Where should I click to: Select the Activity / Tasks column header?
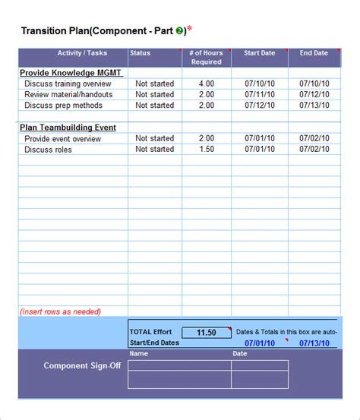click(82, 53)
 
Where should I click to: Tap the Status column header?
click(141, 53)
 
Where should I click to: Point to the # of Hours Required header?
click(206, 58)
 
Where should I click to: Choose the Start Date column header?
click(260, 53)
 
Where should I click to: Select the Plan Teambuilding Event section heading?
click(68, 128)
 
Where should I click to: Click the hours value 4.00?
click(206, 84)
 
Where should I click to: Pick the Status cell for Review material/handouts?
click(154, 95)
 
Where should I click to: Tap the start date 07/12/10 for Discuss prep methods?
click(260, 106)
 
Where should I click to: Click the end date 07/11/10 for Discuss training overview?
click(314, 84)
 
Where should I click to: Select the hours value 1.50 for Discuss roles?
click(206, 150)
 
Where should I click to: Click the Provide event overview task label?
click(62, 139)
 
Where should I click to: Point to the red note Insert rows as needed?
click(60, 311)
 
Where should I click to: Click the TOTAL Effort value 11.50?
click(206, 333)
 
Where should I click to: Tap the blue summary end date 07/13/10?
click(314, 343)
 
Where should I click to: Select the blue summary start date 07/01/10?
click(260, 343)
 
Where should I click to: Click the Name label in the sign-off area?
click(139, 354)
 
